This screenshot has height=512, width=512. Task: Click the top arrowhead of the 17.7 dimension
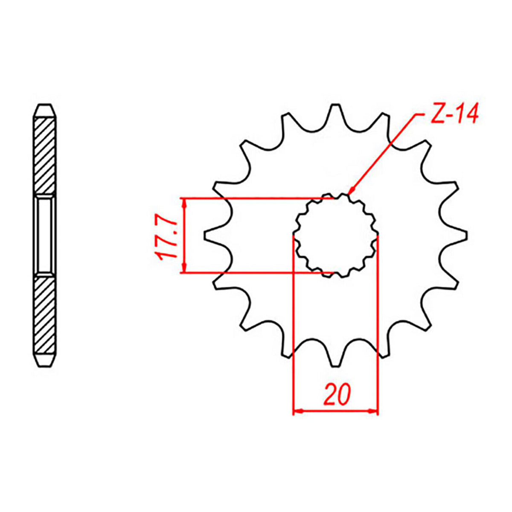pyautogui.click(x=184, y=203)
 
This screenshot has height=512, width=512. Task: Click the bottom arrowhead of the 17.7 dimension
pyautogui.click(x=184, y=268)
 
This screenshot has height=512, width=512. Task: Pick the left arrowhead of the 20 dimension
pyautogui.click(x=297, y=411)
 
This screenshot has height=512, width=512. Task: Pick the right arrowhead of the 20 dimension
pyautogui.click(x=374, y=411)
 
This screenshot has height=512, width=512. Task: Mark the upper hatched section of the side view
pyautogui.click(x=45, y=156)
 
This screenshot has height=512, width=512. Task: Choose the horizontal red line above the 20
pyautogui.click(x=336, y=411)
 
